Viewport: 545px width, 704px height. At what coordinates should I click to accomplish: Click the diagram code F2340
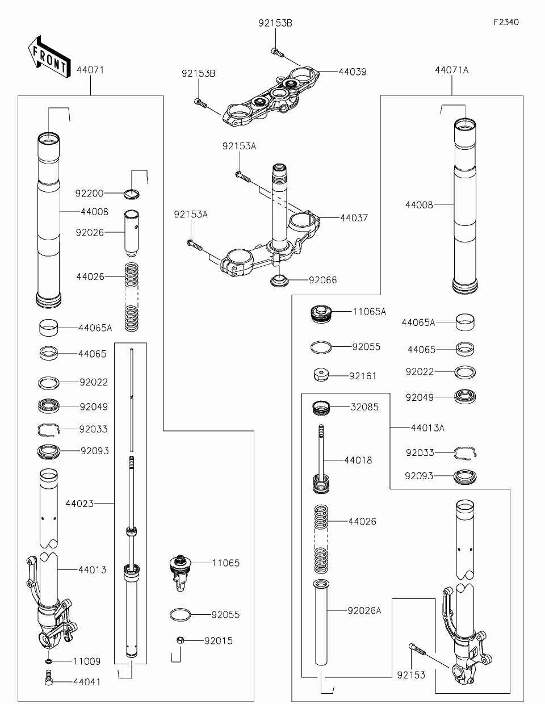pos(506,23)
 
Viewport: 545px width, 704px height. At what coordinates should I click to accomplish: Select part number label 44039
pos(353,72)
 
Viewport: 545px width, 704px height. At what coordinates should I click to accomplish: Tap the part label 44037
pos(354,217)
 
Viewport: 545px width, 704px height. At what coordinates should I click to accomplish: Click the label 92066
pos(322,280)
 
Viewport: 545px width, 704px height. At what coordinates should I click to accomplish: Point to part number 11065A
pos(369,312)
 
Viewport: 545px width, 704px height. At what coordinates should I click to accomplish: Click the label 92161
pos(363,376)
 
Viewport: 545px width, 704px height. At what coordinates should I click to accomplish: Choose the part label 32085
pos(364,407)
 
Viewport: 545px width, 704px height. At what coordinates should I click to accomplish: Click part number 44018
pos(358,460)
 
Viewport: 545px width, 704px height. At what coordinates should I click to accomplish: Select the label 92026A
pos(364,610)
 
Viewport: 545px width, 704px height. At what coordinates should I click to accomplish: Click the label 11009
pos(86,661)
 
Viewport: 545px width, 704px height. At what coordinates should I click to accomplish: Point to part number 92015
pos(219,641)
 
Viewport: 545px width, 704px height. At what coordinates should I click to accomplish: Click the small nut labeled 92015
pos(179,640)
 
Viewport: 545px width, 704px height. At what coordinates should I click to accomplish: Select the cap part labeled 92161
pos(322,375)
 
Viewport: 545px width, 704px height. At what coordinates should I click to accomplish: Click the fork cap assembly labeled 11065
pos(181,569)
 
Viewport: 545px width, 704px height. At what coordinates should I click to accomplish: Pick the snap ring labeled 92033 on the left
pos(49,430)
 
